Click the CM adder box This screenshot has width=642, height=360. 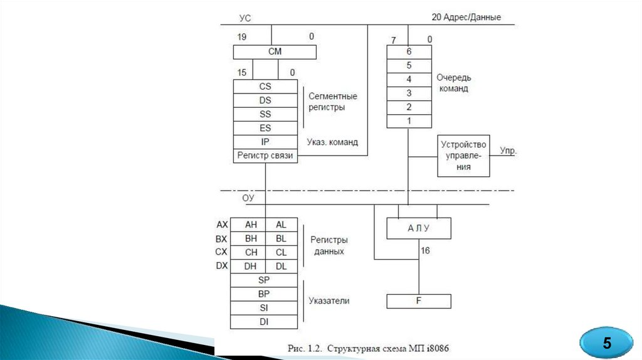[275, 51]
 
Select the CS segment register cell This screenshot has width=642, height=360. [265, 87]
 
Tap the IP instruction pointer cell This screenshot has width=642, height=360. [265, 142]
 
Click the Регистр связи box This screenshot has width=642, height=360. [265, 156]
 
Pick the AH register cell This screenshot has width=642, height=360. [251, 225]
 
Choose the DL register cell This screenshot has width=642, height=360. [281, 266]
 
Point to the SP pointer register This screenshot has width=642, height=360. [264, 280]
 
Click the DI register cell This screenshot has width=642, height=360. [264, 321]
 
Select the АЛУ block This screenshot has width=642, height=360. [418, 228]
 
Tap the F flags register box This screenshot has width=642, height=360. [418, 302]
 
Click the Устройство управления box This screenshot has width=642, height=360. [463, 156]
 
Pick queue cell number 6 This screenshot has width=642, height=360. [409, 51]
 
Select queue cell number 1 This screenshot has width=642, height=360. [409, 120]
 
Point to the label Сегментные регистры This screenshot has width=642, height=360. [333, 102]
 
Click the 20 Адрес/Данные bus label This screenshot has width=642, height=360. [466, 17]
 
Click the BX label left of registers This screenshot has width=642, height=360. [222, 238]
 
